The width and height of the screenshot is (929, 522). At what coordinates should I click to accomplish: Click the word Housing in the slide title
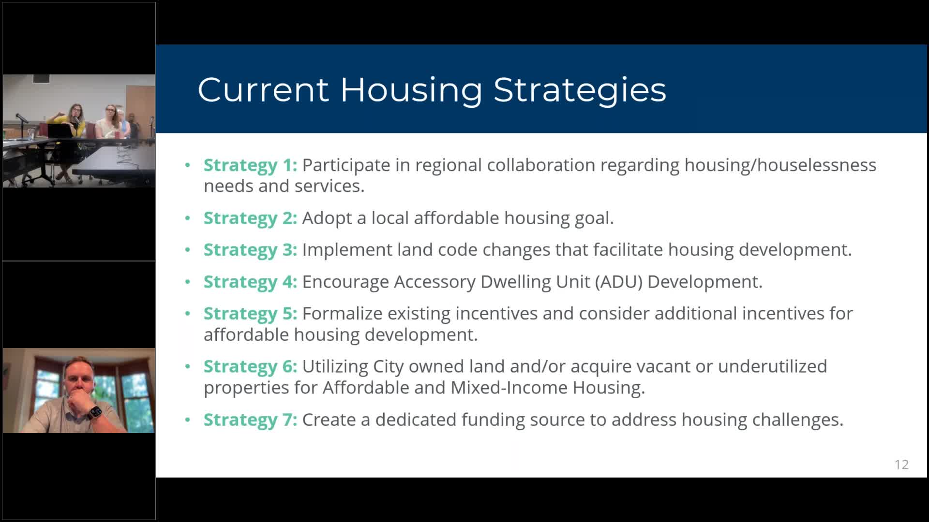[411, 90]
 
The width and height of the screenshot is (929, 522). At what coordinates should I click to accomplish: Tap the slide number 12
[901, 464]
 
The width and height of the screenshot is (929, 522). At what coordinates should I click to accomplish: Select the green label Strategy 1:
[250, 165]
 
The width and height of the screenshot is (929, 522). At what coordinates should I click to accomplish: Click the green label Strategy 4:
[250, 282]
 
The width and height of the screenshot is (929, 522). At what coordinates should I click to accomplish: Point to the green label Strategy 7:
[250, 420]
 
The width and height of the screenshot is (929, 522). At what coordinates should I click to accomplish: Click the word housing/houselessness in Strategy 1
[780, 165]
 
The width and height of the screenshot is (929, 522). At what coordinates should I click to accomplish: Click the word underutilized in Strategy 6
[772, 366]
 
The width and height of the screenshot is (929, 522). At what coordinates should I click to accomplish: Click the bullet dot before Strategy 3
[188, 250]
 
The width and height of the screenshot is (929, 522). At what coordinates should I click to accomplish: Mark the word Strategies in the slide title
[579, 90]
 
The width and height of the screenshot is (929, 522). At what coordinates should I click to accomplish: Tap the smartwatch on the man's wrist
[94, 412]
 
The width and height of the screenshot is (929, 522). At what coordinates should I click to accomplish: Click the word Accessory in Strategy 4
[435, 282]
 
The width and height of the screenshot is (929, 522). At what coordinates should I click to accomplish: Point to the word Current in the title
[263, 90]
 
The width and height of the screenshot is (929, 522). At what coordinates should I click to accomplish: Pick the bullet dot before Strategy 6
[188, 366]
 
